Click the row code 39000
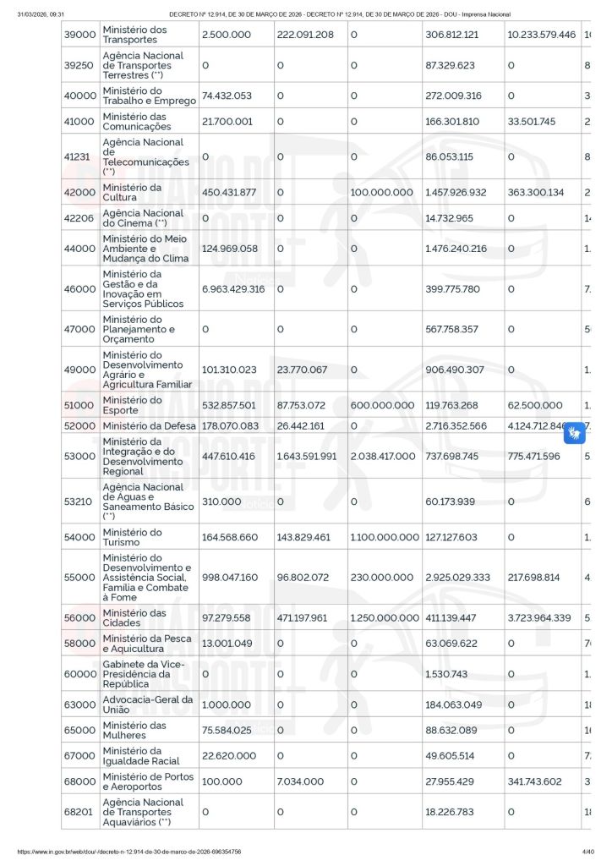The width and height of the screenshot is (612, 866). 79,35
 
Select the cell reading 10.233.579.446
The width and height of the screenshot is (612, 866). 541,35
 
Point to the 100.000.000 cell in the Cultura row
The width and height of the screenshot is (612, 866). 382,193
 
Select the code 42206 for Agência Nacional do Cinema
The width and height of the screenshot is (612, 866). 79,218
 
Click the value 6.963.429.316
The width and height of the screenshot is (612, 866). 233,289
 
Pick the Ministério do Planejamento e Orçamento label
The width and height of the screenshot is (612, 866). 140,330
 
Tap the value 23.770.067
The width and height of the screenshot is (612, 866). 302,370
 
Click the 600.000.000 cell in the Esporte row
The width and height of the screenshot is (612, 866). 382,406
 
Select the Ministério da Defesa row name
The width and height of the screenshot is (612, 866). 149,426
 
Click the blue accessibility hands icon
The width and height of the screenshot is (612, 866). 576,434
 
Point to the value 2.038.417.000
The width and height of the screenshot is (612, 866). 383,457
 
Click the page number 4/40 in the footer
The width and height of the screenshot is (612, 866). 588,852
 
